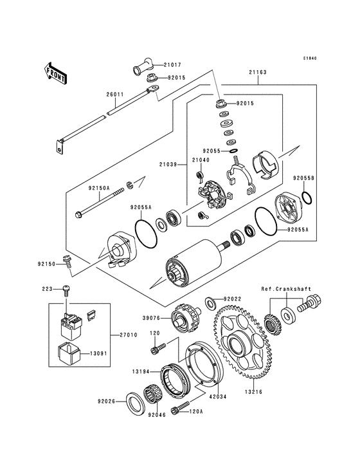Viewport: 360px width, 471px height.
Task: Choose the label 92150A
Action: point(100,189)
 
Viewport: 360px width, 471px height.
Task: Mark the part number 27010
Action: point(128,335)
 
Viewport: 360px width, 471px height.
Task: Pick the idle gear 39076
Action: point(184,317)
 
